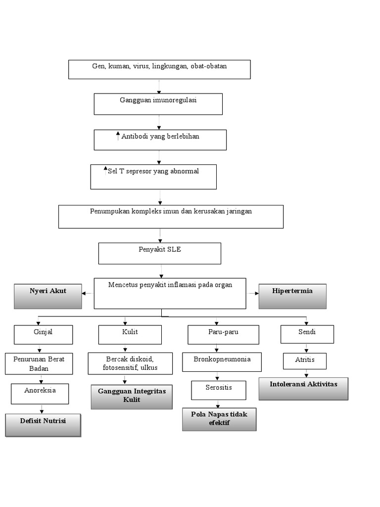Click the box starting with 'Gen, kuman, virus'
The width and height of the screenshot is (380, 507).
coord(159,69)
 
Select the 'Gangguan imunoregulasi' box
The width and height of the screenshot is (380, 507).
coord(158,103)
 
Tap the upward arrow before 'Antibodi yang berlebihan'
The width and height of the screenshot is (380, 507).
coord(118,136)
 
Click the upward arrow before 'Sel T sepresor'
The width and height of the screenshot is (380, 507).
coord(105,171)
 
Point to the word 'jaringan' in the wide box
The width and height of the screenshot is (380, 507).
coord(238,211)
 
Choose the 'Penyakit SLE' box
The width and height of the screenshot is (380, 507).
coord(159,253)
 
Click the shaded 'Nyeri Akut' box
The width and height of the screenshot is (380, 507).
coord(48,296)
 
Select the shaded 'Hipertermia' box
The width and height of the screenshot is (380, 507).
coord(292,296)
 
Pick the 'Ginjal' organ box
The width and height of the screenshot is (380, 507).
coord(44,335)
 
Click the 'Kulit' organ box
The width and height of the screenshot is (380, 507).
coord(130,335)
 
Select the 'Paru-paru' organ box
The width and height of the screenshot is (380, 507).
coord(223,335)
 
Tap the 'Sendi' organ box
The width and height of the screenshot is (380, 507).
coord(307,334)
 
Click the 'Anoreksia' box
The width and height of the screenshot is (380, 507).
coord(40,394)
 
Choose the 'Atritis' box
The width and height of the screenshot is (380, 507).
coord(305,361)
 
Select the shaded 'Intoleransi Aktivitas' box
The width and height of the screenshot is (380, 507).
coord(303,388)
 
